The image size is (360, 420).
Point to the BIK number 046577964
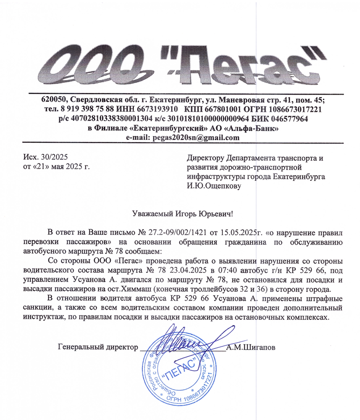click(x=288, y=119)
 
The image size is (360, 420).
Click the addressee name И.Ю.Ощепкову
click(x=213, y=186)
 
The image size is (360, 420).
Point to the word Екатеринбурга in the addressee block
click(x=299, y=177)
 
